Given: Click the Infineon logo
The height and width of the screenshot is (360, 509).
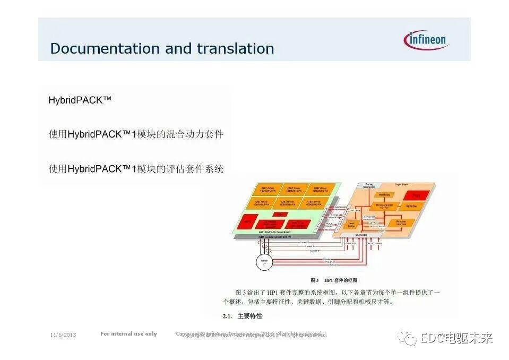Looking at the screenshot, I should tap(426, 40).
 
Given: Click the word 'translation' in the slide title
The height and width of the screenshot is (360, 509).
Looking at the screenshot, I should tap(235, 48).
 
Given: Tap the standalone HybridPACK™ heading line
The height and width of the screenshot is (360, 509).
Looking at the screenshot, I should tap(80, 100).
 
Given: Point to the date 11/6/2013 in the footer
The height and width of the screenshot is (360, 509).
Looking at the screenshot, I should tap(63, 335).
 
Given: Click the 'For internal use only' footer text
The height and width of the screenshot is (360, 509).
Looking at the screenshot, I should tap(128, 334).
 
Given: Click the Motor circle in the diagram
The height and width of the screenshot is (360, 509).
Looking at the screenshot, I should tap(263, 261).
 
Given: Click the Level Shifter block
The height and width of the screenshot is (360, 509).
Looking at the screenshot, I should tap(351, 225).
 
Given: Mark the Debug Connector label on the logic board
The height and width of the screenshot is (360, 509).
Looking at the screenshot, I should tap(369, 186).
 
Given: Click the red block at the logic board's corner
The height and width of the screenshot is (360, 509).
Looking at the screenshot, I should tap(417, 195).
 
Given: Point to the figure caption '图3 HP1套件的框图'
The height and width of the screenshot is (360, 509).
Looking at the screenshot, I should tap(334, 280).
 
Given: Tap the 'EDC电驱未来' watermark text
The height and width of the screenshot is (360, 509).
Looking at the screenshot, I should tap(457, 338).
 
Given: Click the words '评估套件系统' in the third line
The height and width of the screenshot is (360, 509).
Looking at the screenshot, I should tap(194, 169).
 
